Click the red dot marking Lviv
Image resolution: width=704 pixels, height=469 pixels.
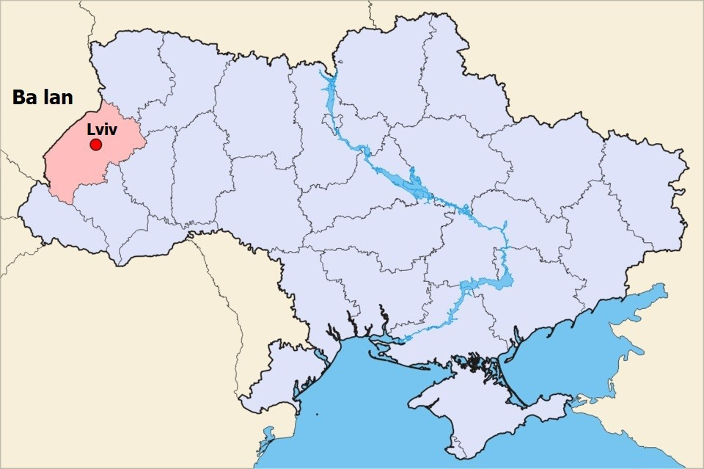click(95, 145)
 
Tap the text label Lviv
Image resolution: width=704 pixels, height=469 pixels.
click(102, 128)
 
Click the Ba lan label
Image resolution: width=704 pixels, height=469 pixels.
click(43, 98)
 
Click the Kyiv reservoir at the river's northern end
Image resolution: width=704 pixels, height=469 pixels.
click(329, 88)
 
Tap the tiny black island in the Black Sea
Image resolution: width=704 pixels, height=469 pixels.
click(318, 415)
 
